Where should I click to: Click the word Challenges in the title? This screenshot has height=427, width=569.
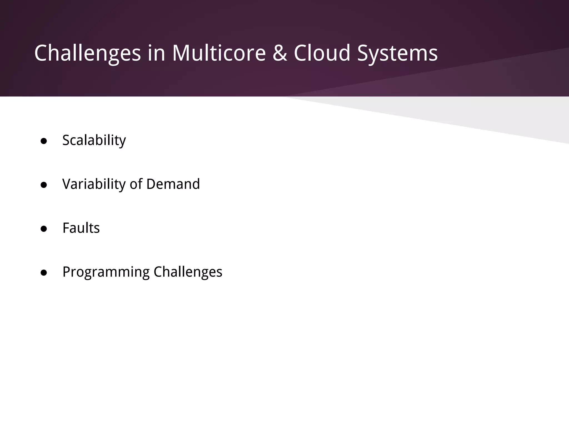pyautogui.click(x=88, y=53)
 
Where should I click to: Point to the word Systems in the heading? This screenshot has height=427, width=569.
pyautogui.click(x=397, y=53)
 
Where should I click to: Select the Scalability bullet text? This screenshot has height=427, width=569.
pyautogui.click(x=94, y=140)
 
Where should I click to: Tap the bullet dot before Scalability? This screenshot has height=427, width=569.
pyautogui.click(x=44, y=141)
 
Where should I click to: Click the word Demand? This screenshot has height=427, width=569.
pyautogui.click(x=173, y=184)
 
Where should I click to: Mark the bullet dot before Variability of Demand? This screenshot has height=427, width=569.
pyautogui.click(x=44, y=185)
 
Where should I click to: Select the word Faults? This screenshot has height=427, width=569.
pyautogui.click(x=81, y=228)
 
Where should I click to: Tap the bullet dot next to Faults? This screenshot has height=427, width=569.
pyautogui.click(x=44, y=229)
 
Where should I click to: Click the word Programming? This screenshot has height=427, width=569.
pyautogui.click(x=106, y=272)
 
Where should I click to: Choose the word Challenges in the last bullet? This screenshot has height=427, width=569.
pyautogui.click(x=188, y=272)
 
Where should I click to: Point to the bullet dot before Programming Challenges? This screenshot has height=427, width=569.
pyautogui.click(x=44, y=273)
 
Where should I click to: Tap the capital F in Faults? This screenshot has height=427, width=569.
pyautogui.click(x=66, y=228)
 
